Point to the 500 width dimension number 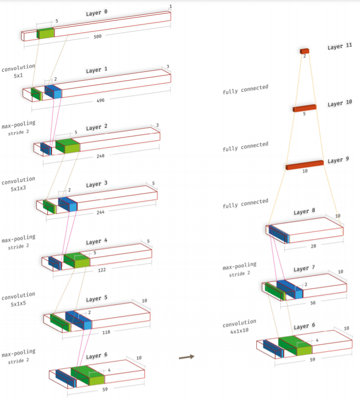click(x=97, y=36)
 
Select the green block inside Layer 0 click(x=45, y=33)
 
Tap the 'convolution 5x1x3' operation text click(x=19, y=183)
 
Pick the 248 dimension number click(x=101, y=156)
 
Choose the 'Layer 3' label click(x=97, y=184)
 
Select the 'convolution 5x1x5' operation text click(x=19, y=299)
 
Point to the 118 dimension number click(x=106, y=332)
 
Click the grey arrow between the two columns click(x=186, y=357)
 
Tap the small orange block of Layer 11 click(x=305, y=51)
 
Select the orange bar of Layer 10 click(x=304, y=108)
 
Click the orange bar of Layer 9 click(x=304, y=165)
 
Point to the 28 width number click(x=313, y=247)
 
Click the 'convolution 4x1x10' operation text click(x=239, y=326)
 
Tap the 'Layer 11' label click(x=339, y=47)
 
